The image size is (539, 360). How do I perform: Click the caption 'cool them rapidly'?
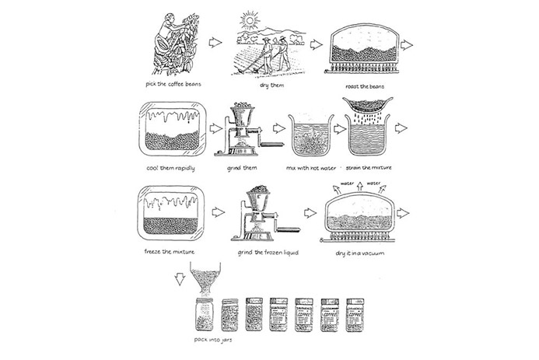[170, 167]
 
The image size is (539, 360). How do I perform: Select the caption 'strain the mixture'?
[372, 167]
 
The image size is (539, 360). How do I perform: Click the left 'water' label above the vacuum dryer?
[344, 184]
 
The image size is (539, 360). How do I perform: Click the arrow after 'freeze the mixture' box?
[218, 211]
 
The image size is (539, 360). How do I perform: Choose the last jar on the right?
[355, 314]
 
